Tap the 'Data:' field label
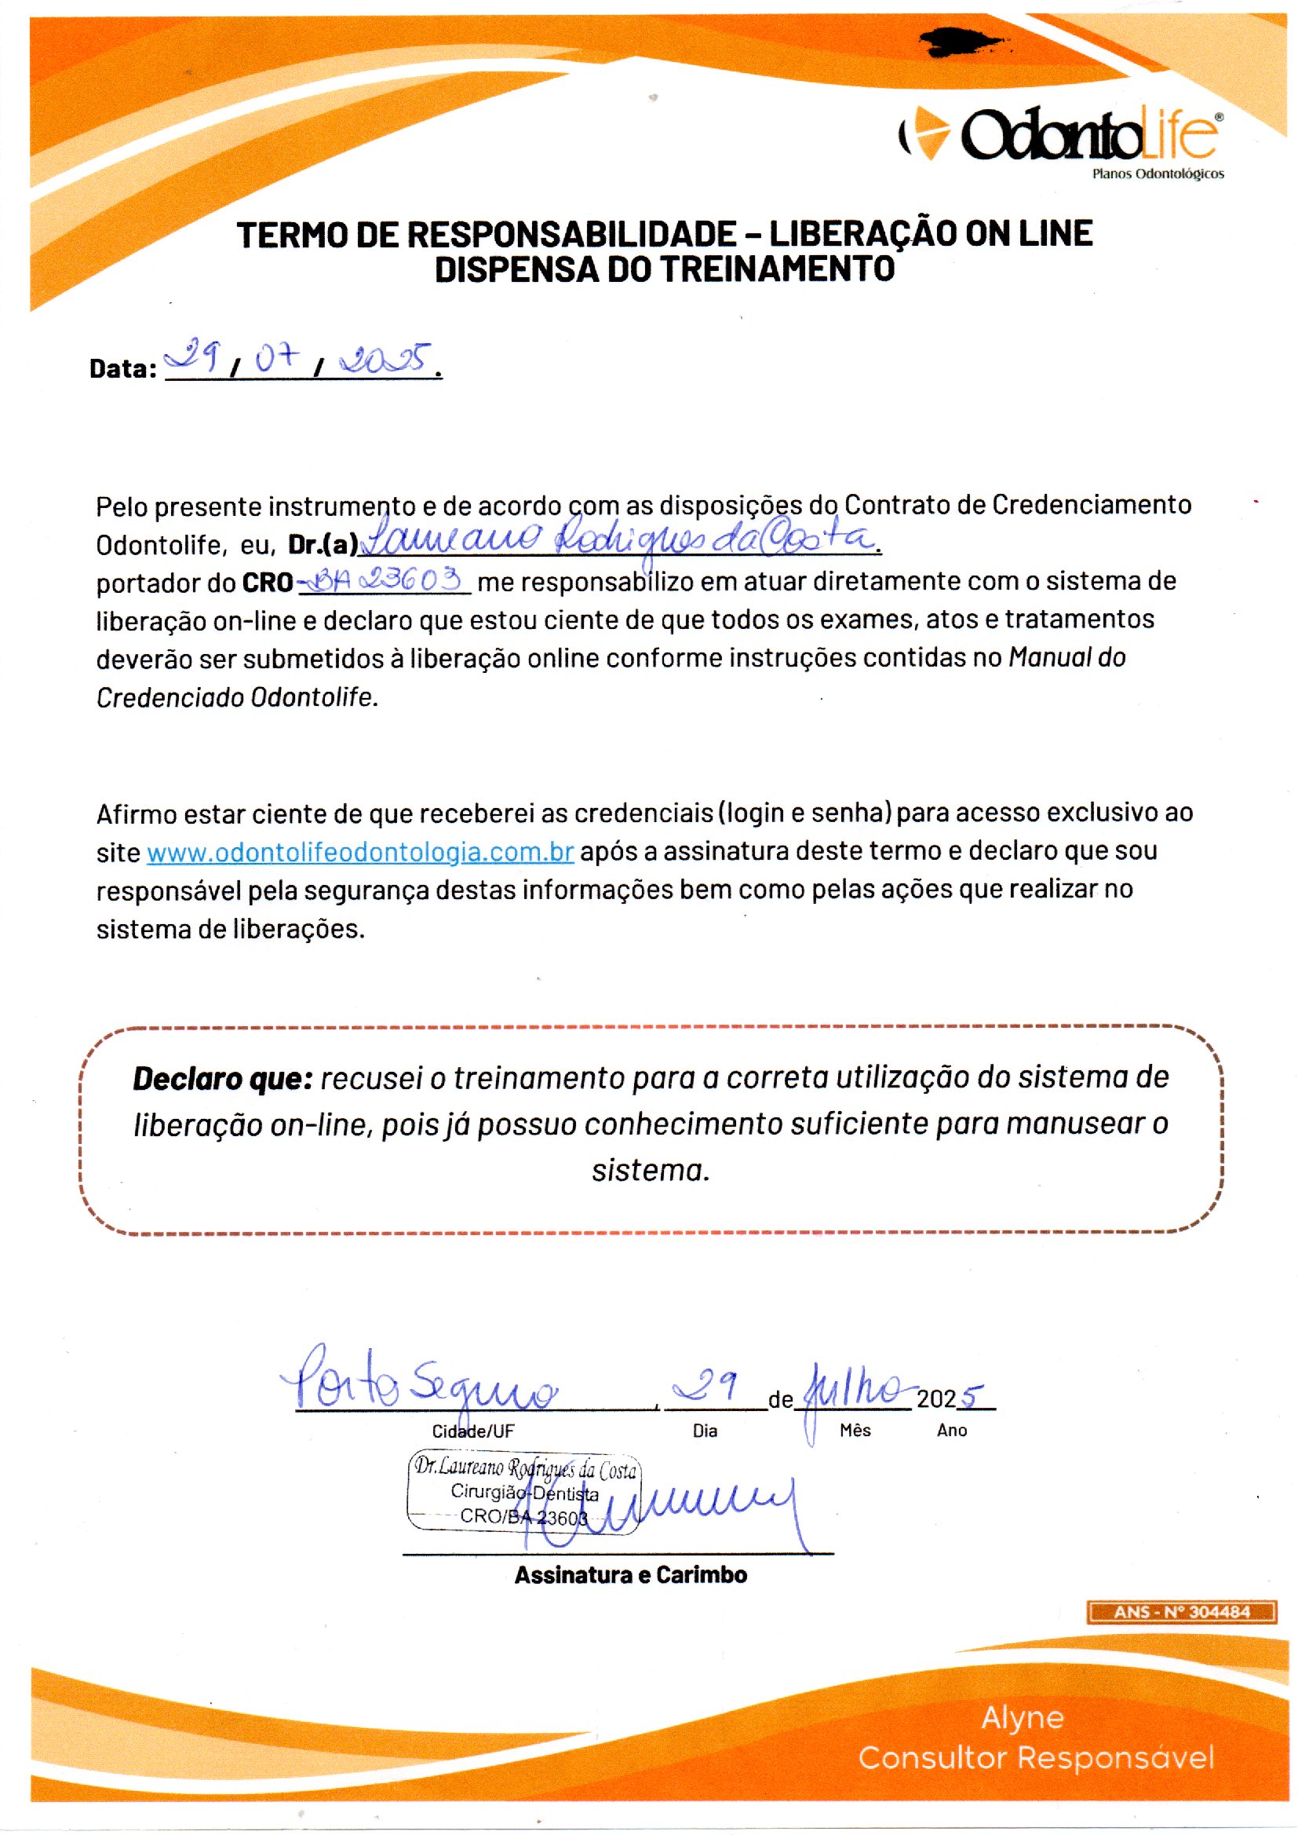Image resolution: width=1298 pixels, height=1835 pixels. pyautogui.click(x=123, y=368)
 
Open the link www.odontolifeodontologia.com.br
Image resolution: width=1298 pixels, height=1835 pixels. pyautogui.click(x=359, y=853)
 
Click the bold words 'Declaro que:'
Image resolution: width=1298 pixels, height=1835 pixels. pyautogui.click(x=221, y=1079)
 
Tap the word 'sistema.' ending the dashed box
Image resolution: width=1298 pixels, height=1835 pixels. pyautogui.click(x=651, y=1171)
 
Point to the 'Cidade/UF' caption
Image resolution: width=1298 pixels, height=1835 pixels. pyautogui.click(x=473, y=1431)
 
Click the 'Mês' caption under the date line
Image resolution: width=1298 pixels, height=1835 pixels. pyautogui.click(x=855, y=1431)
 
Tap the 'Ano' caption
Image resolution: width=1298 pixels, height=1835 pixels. pyautogui.click(x=951, y=1431)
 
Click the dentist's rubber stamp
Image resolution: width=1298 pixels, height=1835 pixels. pyautogui.click(x=523, y=1492)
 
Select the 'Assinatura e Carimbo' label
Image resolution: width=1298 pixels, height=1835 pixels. pyautogui.click(x=631, y=1575)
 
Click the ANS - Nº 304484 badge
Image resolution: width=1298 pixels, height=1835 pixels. pyautogui.click(x=1181, y=1612)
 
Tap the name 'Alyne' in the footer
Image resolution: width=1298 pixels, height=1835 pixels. pyautogui.click(x=1023, y=1716)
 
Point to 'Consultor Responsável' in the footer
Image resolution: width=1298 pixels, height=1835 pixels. pyautogui.click(x=1036, y=1757)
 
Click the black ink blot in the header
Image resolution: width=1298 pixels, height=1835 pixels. pyautogui.click(x=963, y=42)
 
